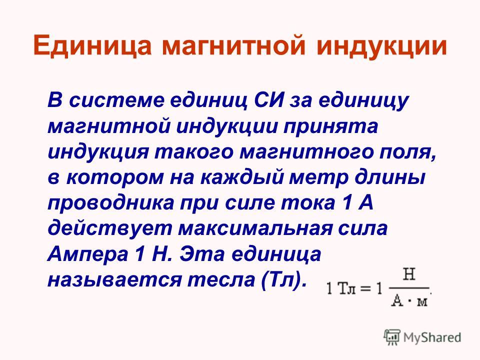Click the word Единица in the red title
(x=92, y=45)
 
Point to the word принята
(x=330, y=126)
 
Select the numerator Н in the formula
(x=409, y=274)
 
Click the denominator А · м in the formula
(x=409, y=301)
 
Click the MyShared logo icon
(x=392, y=337)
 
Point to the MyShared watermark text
(x=432, y=337)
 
